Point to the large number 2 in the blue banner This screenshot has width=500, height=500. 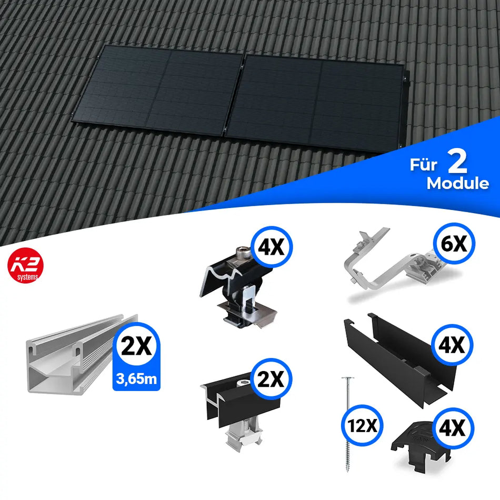click(x=458, y=163)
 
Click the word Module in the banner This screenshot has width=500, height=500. click(x=457, y=184)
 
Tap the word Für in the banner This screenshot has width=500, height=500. click(x=424, y=165)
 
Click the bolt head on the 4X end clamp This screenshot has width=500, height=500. click(x=243, y=254)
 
